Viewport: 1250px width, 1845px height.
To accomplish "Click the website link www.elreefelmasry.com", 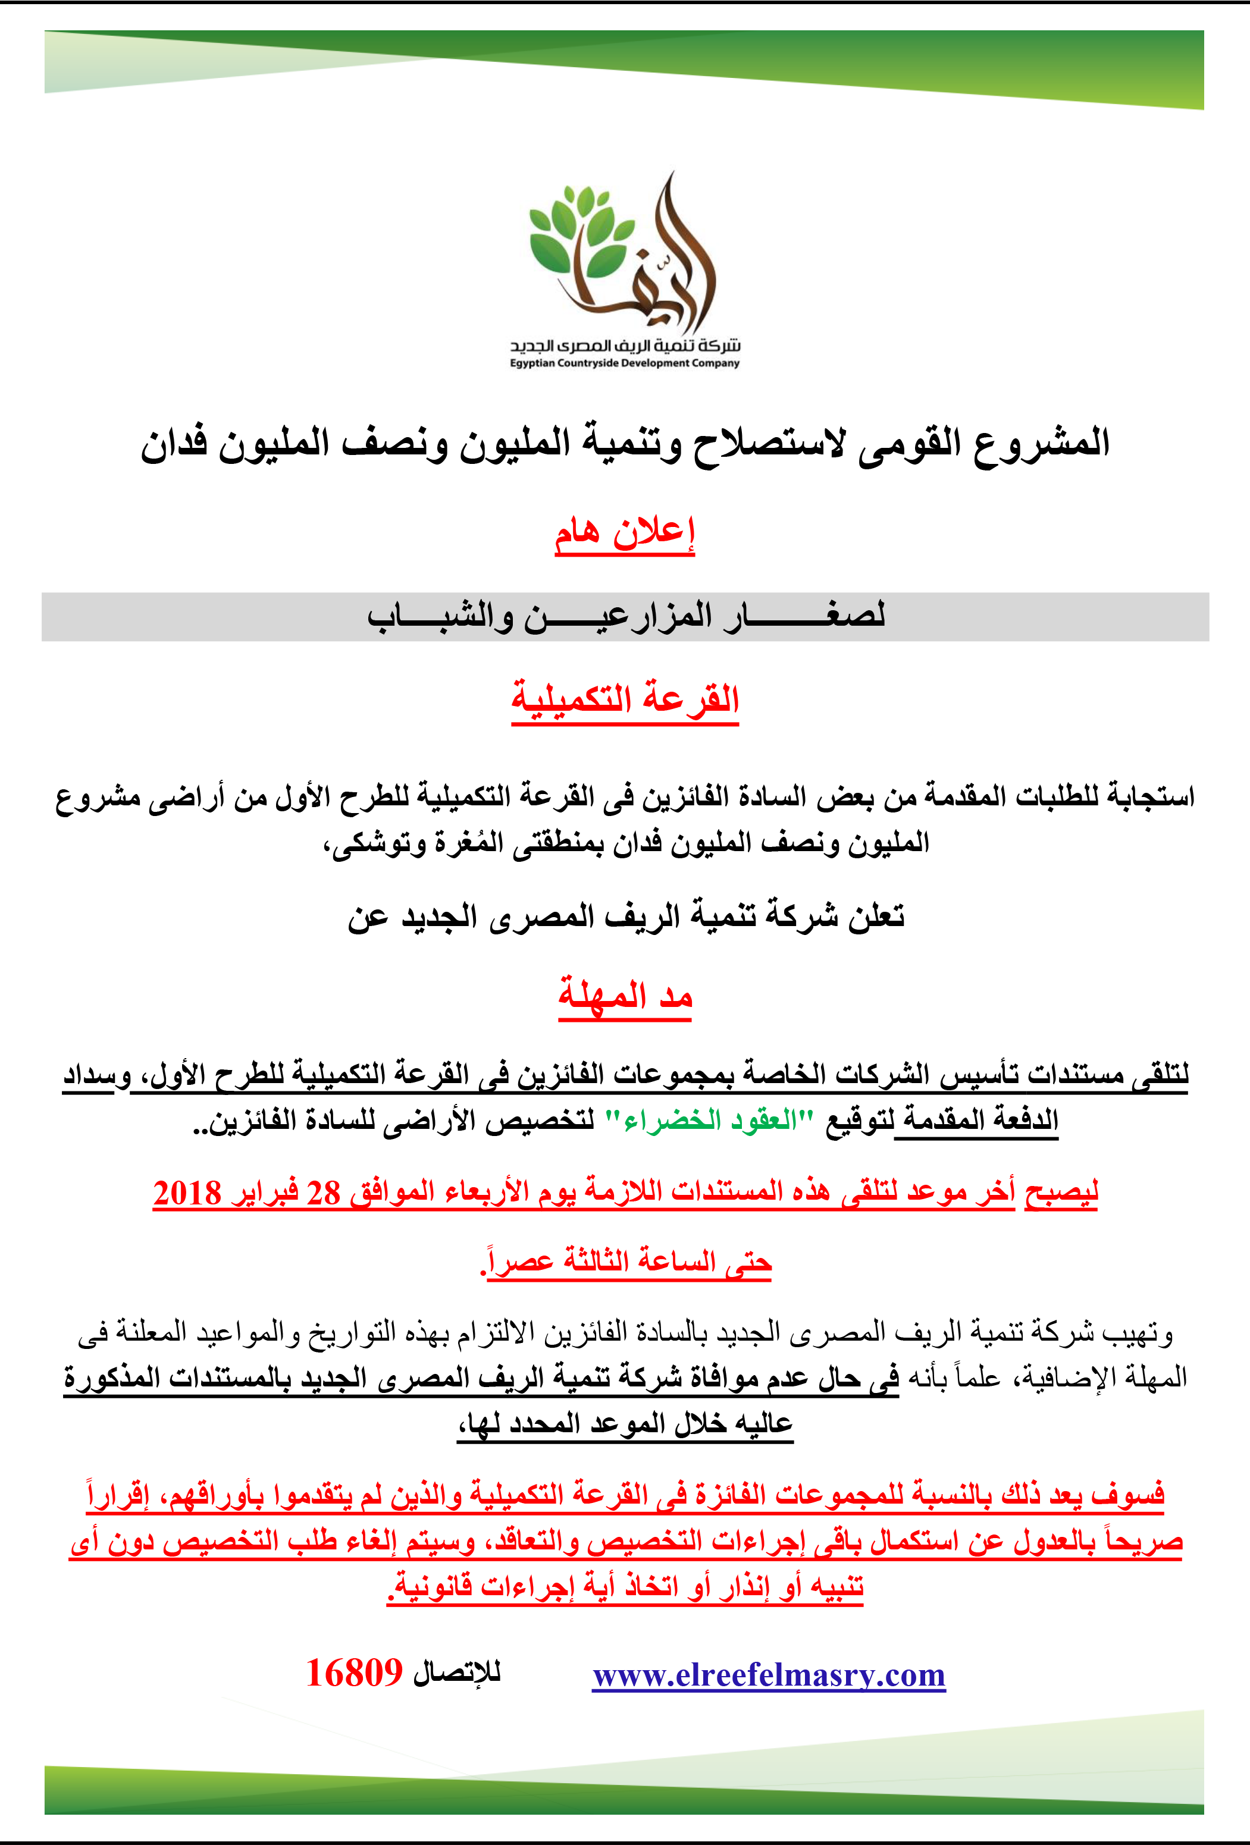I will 769,1675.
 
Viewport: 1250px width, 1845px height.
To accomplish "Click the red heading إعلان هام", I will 624,532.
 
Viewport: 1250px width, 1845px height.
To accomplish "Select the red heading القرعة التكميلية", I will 625,699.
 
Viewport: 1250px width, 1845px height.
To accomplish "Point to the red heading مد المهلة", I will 625,996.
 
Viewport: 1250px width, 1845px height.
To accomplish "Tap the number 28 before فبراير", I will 323,1193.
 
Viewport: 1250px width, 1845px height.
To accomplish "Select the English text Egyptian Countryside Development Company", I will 624,363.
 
